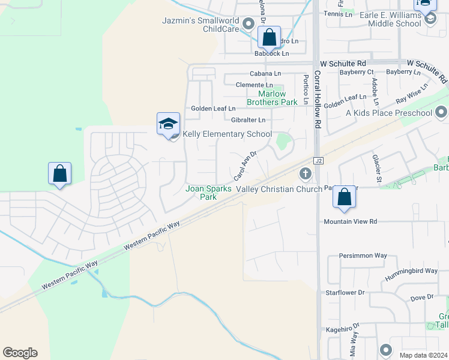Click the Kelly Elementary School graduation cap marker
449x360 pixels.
[168, 124]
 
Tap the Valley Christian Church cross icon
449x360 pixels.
[305, 174]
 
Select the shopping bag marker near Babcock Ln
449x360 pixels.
[270, 37]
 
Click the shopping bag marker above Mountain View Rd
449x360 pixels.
[344, 197]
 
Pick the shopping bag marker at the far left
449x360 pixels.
[59, 174]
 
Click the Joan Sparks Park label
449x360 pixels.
[208, 193]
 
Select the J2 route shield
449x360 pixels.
[318, 160]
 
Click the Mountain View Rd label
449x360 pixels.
[351, 221]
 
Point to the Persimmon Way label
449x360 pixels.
[363, 256]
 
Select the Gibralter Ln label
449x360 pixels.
[248, 120]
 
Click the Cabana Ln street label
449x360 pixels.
[265, 73]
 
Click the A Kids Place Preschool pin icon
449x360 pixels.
[442, 112]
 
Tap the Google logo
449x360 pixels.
[20, 353]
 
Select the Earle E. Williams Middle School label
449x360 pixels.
[379, 19]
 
